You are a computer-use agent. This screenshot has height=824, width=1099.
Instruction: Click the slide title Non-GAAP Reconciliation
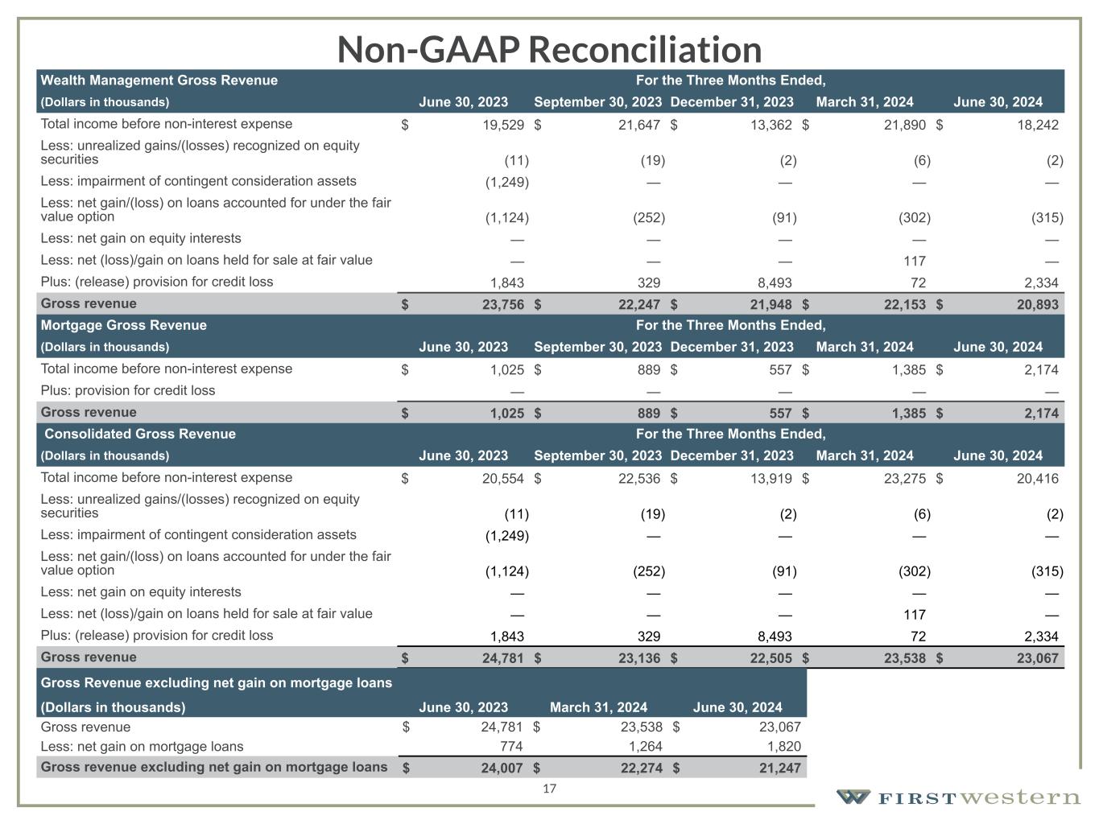(x=549, y=49)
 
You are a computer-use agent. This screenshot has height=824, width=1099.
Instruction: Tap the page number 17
(x=549, y=789)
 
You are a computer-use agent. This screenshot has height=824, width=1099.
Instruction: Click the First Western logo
(x=958, y=797)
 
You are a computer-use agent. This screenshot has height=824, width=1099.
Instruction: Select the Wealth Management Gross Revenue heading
(x=159, y=80)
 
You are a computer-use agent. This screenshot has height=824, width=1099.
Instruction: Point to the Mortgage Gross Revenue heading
(x=123, y=325)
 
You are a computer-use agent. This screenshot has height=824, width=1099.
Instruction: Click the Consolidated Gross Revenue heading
(x=139, y=434)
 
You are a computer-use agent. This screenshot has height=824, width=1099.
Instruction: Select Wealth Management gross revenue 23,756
(x=502, y=304)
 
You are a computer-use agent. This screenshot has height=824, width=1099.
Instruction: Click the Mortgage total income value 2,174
(x=1040, y=369)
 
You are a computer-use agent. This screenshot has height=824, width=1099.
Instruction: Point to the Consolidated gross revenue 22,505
(x=769, y=658)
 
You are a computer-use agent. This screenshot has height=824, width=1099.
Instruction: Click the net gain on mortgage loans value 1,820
(x=783, y=746)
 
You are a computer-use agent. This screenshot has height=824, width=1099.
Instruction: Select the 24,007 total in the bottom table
(x=502, y=768)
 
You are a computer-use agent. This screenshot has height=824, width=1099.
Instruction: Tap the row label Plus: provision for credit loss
(x=128, y=390)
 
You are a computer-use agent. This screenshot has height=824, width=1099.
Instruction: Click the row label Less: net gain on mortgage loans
(x=142, y=746)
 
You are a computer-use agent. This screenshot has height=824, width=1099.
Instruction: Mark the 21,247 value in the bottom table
(x=779, y=768)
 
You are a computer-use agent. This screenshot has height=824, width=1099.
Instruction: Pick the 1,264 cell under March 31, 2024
(x=645, y=746)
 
